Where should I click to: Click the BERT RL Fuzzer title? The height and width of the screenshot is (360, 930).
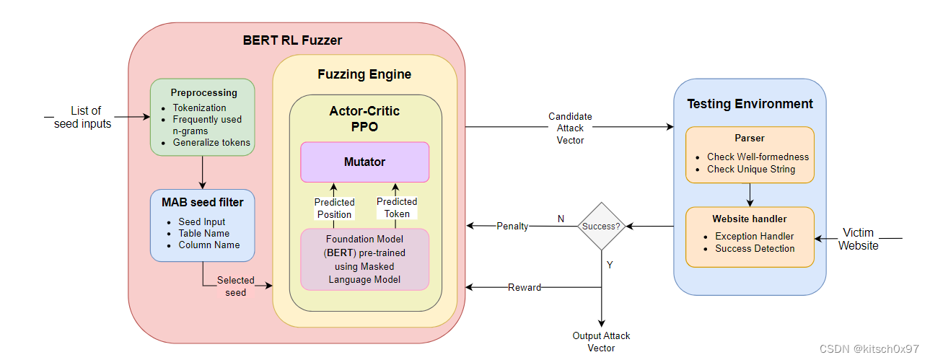(292, 40)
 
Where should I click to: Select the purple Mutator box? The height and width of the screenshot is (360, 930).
(364, 162)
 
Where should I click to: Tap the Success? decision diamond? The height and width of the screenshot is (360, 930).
(601, 227)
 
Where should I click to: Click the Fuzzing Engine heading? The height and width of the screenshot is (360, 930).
(364, 74)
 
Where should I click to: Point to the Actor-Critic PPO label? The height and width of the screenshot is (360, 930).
(364, 119)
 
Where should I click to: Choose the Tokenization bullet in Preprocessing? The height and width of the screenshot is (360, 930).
(199, 107)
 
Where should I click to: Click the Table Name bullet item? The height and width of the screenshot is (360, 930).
(204, 233)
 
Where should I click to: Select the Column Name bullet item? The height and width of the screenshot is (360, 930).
(209, 245)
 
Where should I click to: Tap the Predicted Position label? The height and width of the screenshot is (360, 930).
(334, 208)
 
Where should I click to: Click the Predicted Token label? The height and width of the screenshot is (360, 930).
(397, 207)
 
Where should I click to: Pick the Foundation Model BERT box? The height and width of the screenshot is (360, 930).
(364, 259)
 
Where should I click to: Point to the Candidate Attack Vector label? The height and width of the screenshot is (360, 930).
(570, 128)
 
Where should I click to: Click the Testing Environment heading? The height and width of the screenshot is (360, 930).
(750, 104)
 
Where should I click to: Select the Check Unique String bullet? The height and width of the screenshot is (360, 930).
(751, 169)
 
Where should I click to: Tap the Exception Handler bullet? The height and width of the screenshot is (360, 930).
(754, 236)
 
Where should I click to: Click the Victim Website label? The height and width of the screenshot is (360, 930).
(858, 239)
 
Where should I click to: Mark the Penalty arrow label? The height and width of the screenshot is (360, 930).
(512, 227)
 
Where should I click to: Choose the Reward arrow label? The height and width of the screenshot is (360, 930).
(525, 287)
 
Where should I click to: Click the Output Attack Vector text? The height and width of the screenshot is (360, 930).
(601, 342)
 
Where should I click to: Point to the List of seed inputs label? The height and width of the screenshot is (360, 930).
(83, 117)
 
